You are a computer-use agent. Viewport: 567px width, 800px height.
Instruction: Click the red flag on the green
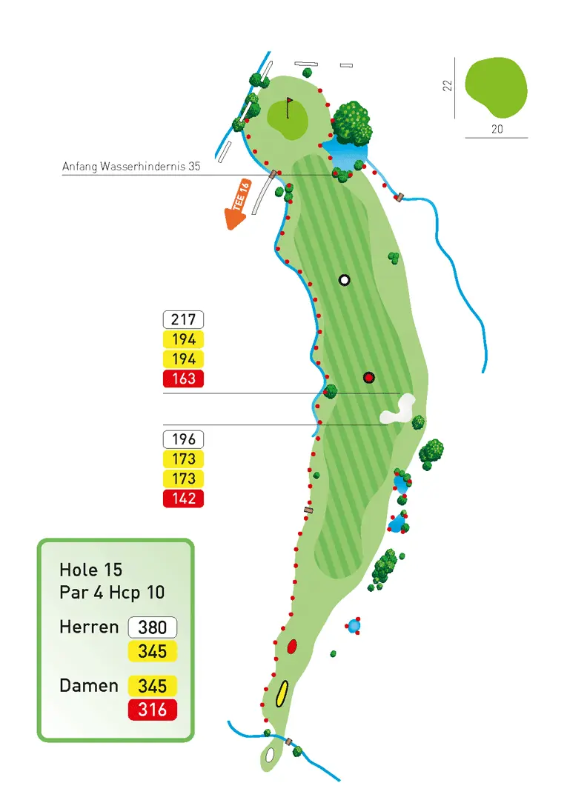coord(290,101)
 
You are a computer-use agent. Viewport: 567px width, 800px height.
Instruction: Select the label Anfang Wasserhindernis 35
coord(131,167)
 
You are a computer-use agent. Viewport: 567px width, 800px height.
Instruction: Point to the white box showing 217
coord(183,320)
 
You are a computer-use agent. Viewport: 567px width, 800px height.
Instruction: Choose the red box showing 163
coord(183,379)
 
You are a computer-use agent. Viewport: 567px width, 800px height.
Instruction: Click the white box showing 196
coord(183,439)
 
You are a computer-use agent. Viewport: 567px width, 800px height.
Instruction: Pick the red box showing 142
coord(183,499)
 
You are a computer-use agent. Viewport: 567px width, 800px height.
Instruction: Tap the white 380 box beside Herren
coord(153,627)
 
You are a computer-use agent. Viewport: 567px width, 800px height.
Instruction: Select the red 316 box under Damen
coord(153,710)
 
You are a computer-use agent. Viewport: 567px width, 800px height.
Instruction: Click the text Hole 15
coord(91,570)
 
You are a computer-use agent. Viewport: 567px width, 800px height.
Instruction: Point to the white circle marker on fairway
coord(344,280)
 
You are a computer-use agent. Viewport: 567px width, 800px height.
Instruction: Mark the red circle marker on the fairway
coord(368,378)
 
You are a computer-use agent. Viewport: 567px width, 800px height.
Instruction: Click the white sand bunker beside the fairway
coord(398,410)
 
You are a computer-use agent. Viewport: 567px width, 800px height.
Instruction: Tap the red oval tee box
coord(292,646)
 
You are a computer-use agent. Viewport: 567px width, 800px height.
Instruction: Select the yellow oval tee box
coord(282,694)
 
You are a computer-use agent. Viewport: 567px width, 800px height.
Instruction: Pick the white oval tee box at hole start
coord(270,755)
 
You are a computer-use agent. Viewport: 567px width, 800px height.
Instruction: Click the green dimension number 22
coord(447,86)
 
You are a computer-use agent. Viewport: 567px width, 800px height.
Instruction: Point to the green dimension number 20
coord(497,128)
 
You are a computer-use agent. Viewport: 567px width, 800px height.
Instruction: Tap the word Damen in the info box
coord(89,686)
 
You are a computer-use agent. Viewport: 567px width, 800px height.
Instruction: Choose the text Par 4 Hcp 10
coord(112,593)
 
